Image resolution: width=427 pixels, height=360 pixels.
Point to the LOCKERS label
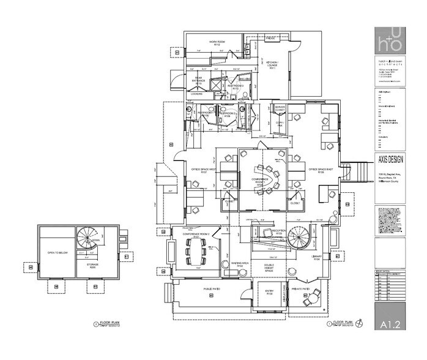pyautogui.click(x=196, y=94)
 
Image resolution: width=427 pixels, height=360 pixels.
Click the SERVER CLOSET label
pyautogui.click(x=280, y=108)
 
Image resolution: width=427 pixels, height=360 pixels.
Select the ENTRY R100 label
pyautogui.click(x=268, y=293)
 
